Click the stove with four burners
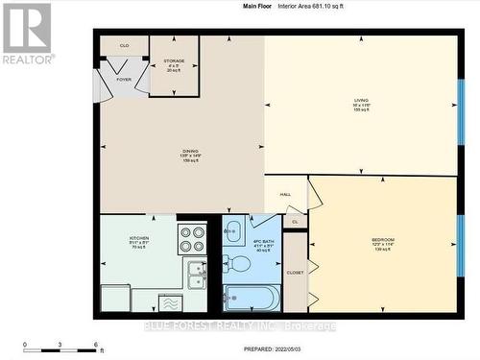[x=192, y=238]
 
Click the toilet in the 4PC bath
[x=238, y=263]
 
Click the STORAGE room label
[x=174, y=60]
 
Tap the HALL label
[x=285, y=195]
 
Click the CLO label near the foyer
[x=124, y=45]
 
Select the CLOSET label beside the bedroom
[x=295, y=273]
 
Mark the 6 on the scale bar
[x=95, y=345]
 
